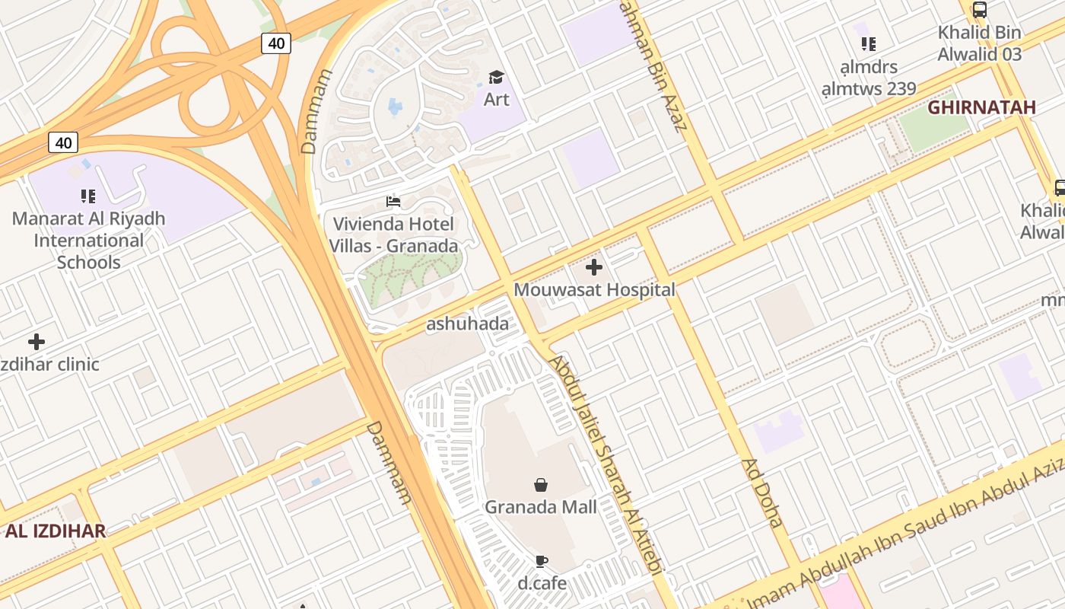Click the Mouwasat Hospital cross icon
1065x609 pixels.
pos(594,267)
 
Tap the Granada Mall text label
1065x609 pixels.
pos(541,506)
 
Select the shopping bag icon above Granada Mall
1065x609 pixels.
pos(541,485)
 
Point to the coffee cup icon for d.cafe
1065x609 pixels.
pos(541,562)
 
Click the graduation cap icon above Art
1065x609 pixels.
pos(496,77)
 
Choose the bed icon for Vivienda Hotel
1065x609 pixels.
pos(393,202)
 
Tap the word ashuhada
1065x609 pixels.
pos(467,324)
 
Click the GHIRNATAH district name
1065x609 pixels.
pos(981,107)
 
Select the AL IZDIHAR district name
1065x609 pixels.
pos(55,531)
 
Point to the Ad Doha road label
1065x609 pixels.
pos(762,493)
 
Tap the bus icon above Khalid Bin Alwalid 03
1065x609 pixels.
pos(980,11)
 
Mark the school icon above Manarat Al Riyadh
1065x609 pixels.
pos(88,196)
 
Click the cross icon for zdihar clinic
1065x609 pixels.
pos(37,342)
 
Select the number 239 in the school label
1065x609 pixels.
pos(901,88)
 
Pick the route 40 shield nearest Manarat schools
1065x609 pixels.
pos(63,142)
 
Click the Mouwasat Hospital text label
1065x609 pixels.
pos(594,290)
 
